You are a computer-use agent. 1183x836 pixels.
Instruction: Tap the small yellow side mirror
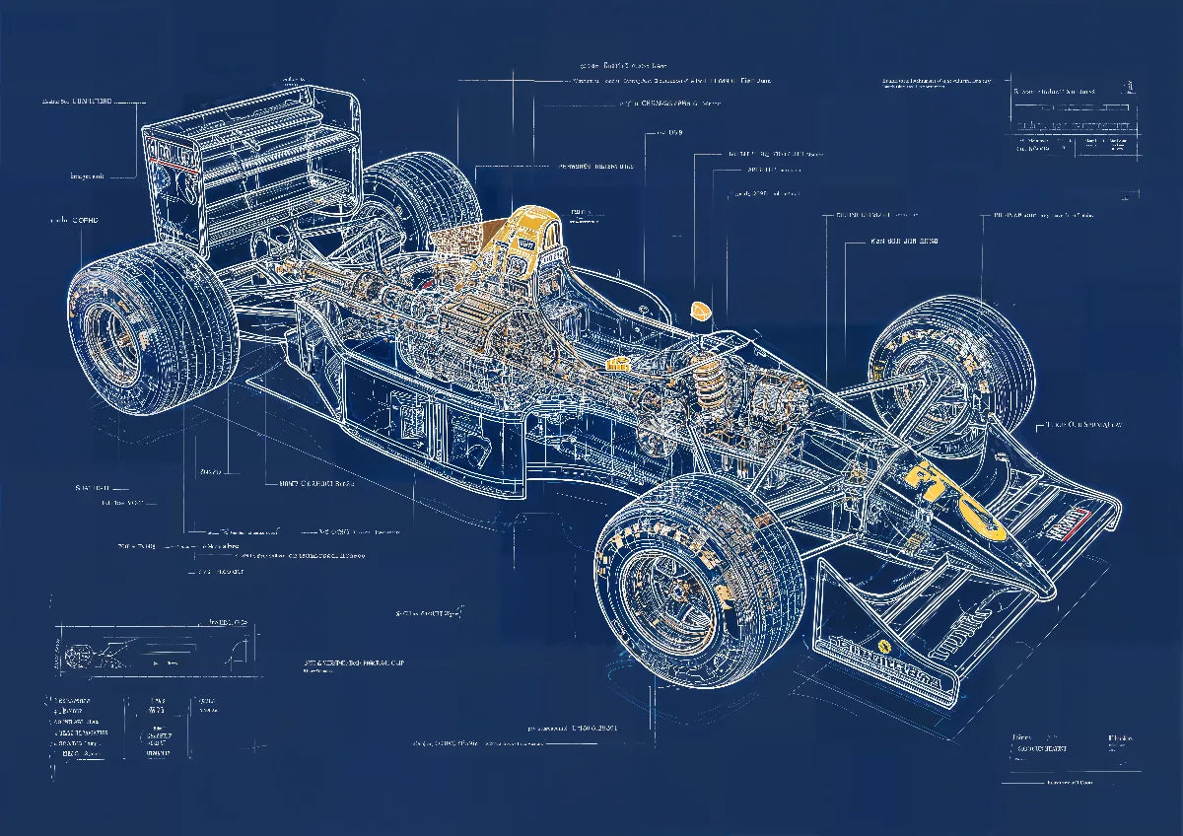(701, 310)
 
